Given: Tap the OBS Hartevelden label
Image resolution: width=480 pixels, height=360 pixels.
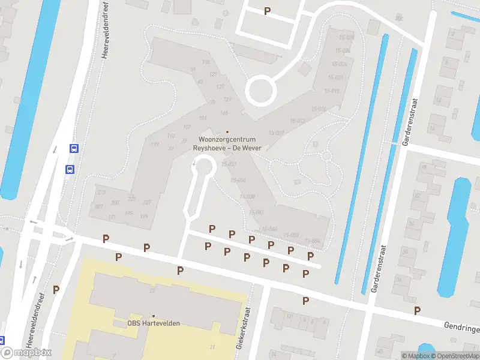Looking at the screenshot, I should pos(154,323).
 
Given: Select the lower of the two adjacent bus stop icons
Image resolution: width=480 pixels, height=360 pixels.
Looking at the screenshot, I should pos(70,169).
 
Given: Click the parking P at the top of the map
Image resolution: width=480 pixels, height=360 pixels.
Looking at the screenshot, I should pos(267,11).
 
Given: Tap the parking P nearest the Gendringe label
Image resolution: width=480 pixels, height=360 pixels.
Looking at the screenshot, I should pos(417,310).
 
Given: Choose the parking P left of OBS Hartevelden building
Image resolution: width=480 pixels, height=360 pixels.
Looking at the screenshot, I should pos(56,289).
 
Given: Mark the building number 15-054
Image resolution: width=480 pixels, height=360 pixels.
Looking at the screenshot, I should pos(313,241).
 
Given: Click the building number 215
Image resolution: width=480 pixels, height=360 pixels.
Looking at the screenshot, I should pos(101,192).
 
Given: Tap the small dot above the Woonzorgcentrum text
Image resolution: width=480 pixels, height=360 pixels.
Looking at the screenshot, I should pos(227,132).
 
